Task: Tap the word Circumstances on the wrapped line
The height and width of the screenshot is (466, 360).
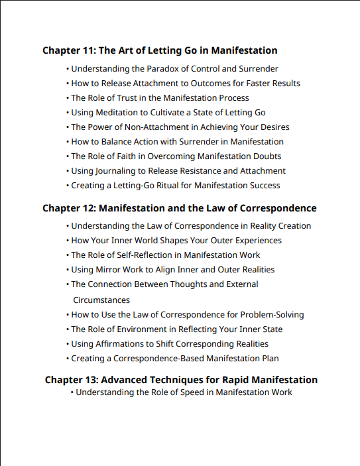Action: (101, 300)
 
